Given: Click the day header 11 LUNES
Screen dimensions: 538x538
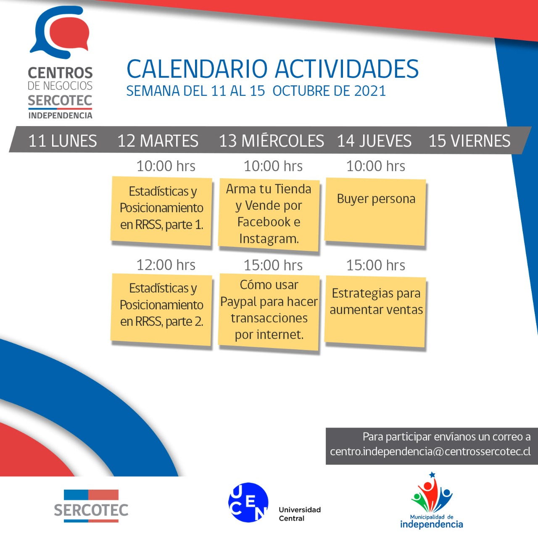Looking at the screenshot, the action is pos(63,141).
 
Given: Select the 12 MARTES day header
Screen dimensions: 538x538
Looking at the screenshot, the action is pos(158,141).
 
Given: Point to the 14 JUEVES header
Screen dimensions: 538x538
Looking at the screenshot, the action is pos(374,141).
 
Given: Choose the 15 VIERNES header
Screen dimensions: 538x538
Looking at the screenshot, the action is pos(469,141).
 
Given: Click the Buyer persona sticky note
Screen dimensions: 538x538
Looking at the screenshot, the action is pos(375,212).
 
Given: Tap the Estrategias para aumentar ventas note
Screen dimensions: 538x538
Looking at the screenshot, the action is pos(375,311).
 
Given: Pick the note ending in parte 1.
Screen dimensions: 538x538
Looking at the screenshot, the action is pos(161,211).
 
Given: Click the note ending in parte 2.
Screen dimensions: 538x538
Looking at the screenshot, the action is pos(161,309).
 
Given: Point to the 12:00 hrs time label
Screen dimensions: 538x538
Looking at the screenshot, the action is pos(166,265).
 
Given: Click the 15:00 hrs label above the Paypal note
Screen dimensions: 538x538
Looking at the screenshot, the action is pos(273,265).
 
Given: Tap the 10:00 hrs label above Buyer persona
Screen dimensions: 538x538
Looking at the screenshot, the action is pos(375,166).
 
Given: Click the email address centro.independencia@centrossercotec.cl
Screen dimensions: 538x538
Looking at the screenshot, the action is pos(430,451).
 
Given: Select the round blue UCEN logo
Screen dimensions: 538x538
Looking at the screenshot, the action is pos(248,502).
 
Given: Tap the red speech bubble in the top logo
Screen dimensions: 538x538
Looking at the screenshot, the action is pos(69,33).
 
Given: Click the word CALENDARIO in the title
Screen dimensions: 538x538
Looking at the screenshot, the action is pos(197,69).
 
